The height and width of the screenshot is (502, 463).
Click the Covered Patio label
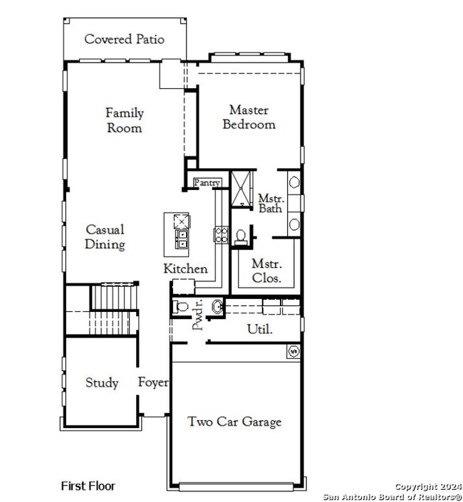124,39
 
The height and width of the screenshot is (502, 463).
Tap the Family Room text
125,120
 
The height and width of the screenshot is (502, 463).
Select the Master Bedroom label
249,117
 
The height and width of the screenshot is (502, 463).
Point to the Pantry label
207,183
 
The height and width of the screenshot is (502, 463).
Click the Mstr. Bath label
271,203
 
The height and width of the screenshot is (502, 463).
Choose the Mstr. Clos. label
266,271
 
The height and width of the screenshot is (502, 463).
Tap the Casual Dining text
105,237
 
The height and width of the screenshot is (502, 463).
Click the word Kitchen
185,268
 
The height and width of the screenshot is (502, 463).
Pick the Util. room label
259,329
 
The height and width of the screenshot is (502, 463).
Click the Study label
102,383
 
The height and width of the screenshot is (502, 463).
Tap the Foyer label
153,382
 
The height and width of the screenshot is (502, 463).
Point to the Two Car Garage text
234,422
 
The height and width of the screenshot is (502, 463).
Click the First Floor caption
88,486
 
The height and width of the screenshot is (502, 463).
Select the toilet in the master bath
240,235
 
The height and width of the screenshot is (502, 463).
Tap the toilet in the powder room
181,308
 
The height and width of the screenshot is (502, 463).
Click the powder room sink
217,307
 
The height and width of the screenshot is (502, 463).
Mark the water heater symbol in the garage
292,351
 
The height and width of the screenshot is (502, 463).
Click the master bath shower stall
241,188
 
